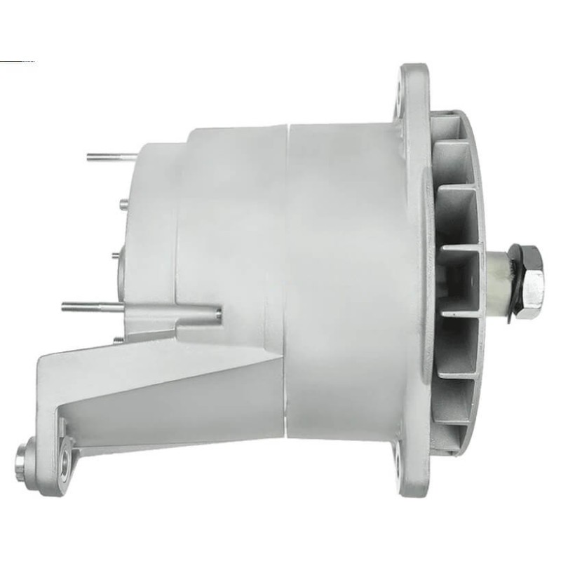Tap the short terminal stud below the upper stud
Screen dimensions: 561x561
[x=123, y=203]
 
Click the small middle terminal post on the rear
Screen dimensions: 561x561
[x=116, y=256]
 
